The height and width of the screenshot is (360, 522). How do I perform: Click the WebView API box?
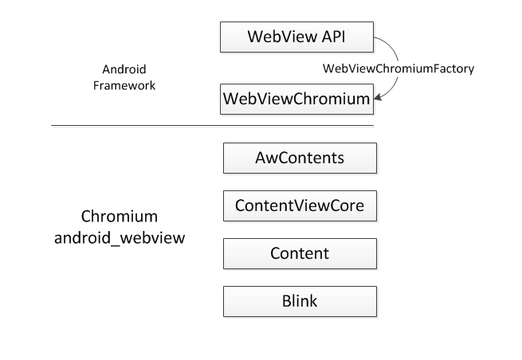[x=297, y=37]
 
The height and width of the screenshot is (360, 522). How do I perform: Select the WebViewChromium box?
[x=297, y=100]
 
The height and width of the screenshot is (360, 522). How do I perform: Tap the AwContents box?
[x=299, y=158]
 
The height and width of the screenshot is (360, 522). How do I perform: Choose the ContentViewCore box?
[x=299, y=205]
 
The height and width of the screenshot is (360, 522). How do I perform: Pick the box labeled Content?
[x=299, y=253]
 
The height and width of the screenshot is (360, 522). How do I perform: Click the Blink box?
[x=299, y=301]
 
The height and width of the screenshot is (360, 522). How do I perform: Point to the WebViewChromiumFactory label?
[x=398, y=68]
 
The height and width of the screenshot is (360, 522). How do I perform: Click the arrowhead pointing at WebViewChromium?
[x=380, y=98]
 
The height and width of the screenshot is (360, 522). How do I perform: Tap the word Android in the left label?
[x=124, y=68]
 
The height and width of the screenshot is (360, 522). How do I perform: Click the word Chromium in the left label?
[x=120, y=217]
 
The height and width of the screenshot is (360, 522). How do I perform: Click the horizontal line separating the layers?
[x=212, y=126]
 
